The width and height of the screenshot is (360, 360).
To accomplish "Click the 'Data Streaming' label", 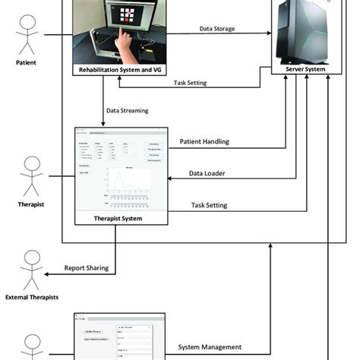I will point(128,110).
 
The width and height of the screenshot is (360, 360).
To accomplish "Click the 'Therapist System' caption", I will point(116,218).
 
